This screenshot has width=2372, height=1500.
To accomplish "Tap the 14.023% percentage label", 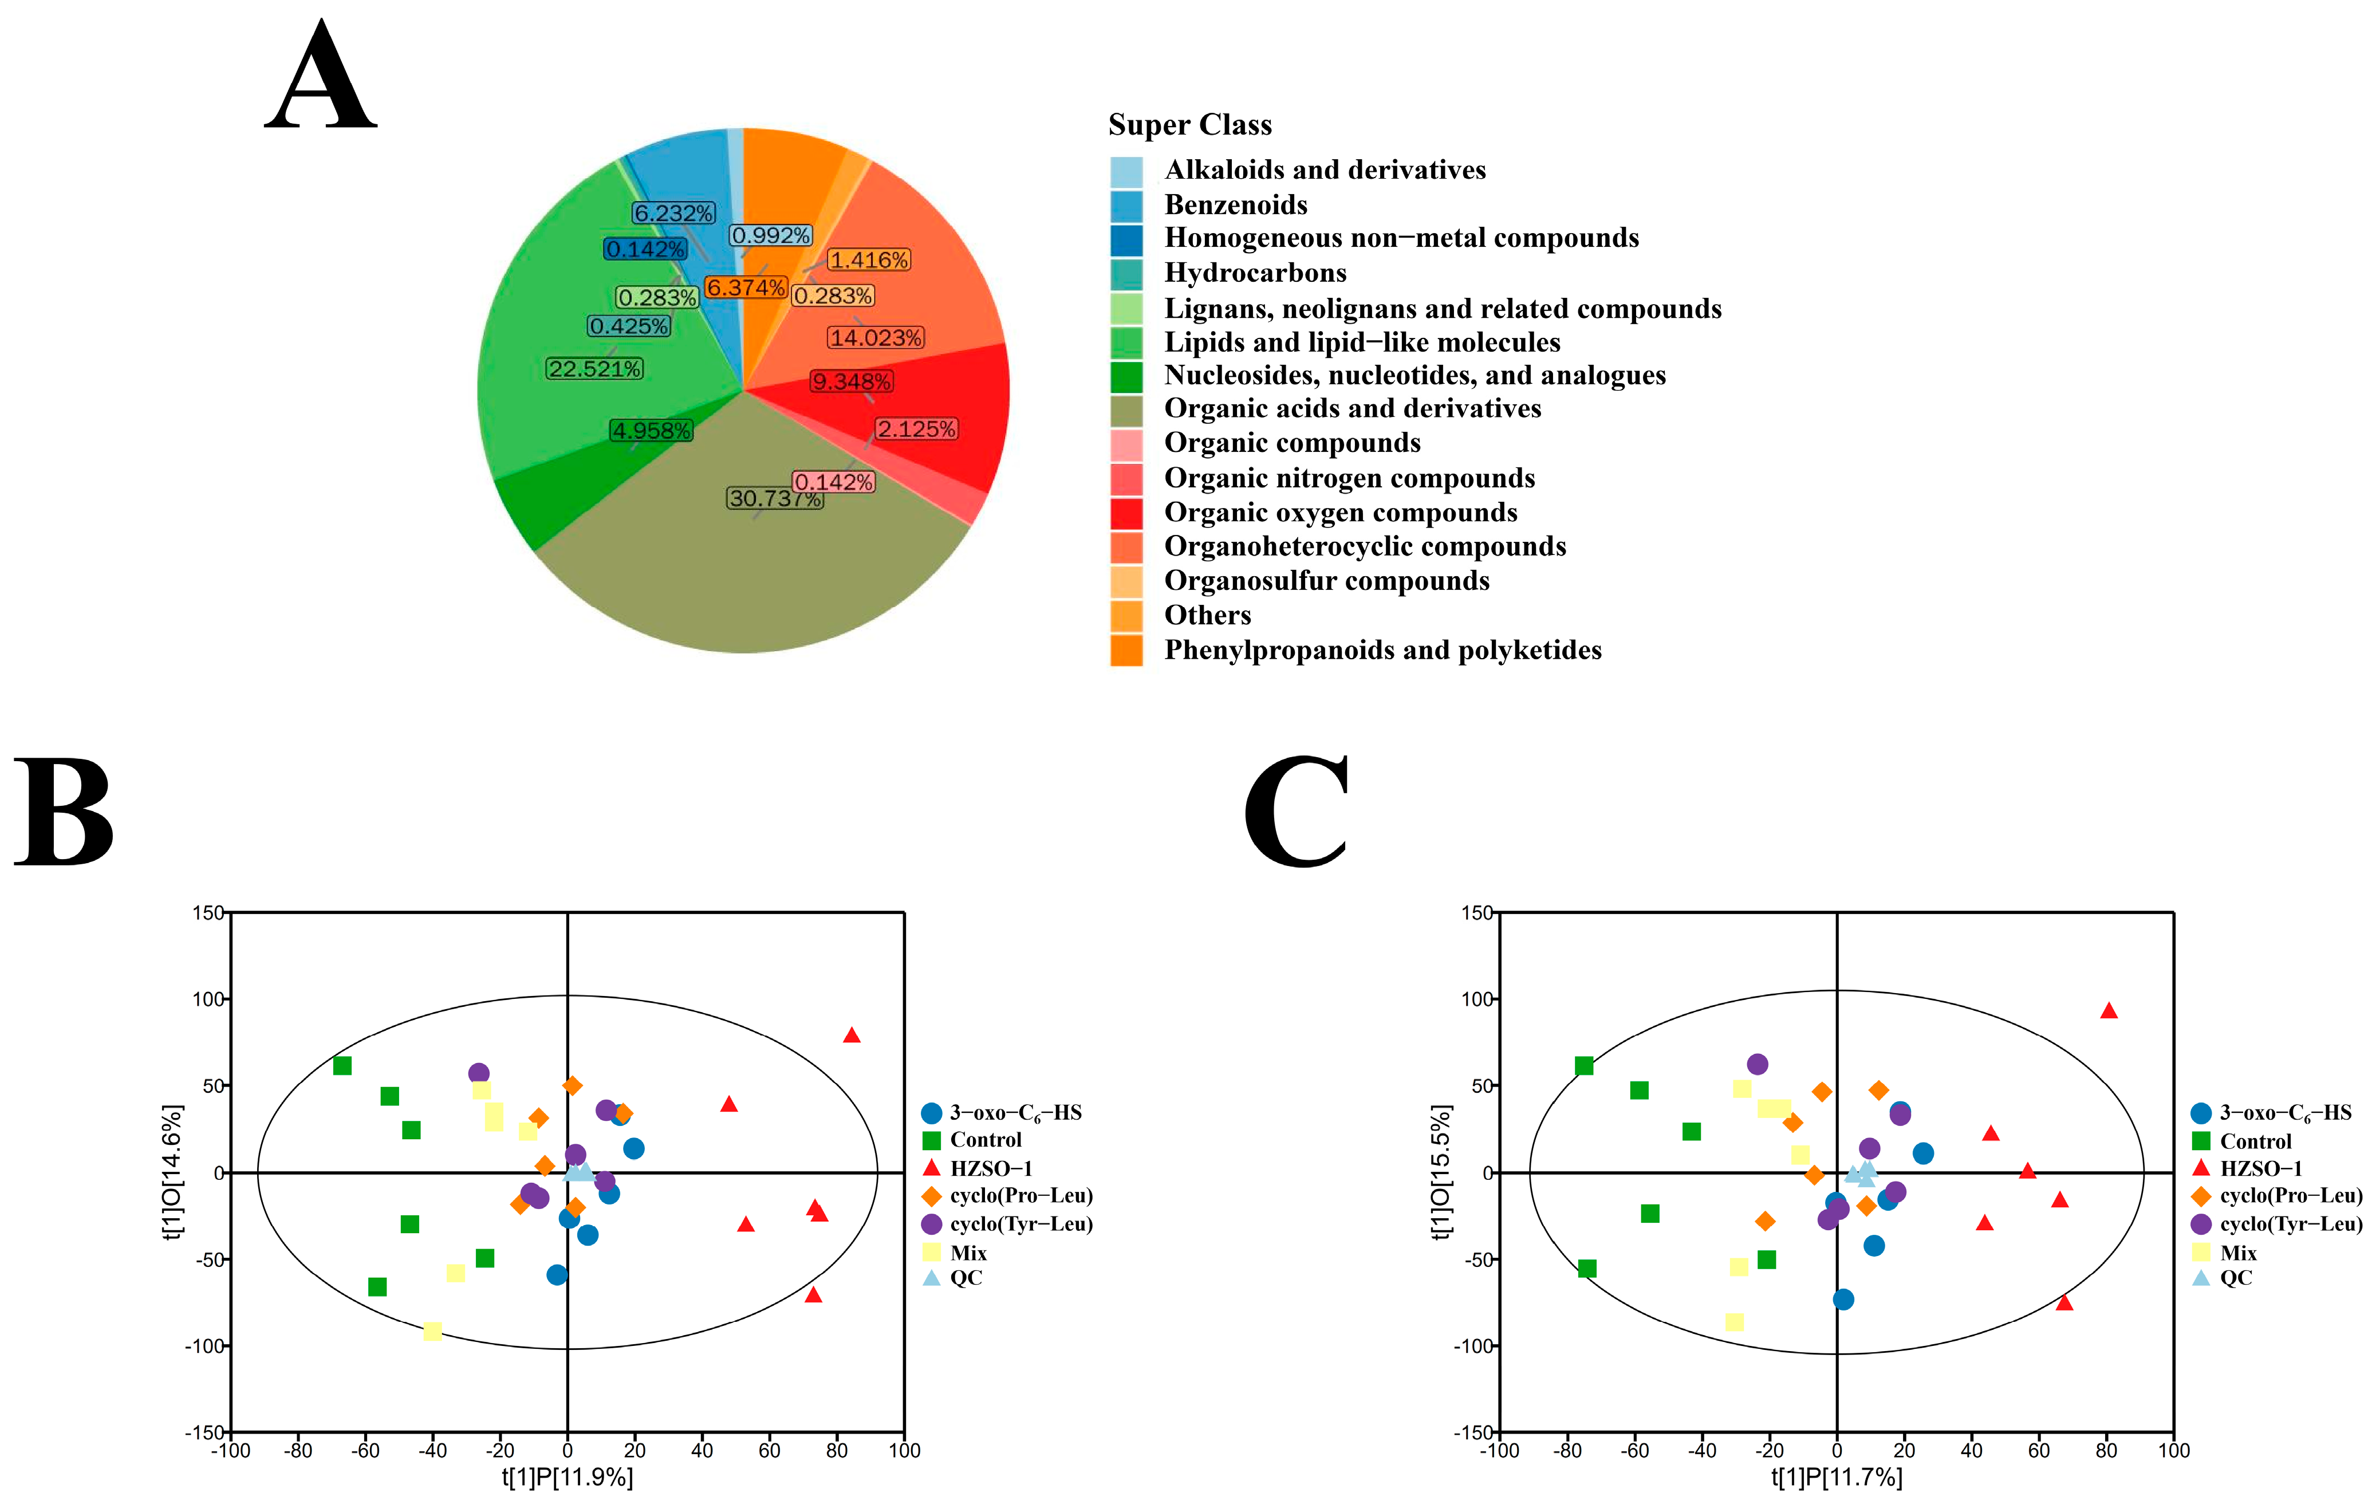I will point(874,338).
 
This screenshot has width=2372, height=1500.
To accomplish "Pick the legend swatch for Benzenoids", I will point(1126,205).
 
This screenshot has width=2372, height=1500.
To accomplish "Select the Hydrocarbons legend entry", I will point(1255,273).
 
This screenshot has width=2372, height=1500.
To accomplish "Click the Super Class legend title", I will point(1190,125).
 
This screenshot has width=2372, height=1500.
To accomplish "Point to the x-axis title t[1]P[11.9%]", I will point(568,1477).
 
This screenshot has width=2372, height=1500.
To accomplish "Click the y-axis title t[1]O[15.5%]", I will point(1441,1171).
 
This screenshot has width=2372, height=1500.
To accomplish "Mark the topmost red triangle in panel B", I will point(852,1035).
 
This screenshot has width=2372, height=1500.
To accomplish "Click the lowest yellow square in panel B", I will point(432,1332).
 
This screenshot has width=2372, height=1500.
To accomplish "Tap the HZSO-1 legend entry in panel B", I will point(990,1169).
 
